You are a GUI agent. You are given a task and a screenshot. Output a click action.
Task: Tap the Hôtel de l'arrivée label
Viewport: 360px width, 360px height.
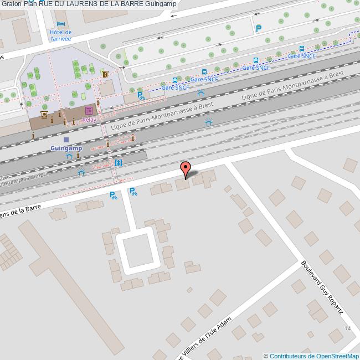tap(61, 35)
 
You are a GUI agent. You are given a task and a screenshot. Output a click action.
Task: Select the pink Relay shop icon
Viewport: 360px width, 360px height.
tap(89, 111)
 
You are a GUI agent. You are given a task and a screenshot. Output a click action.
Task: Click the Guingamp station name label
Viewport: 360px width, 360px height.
tap(66, 148)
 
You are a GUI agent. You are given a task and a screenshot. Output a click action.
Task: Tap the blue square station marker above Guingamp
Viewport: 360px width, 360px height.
tap(66, 140)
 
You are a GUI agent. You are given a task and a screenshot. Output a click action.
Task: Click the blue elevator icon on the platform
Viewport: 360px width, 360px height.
tap(118, 163)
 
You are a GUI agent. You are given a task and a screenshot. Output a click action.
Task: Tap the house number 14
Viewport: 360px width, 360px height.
tap(347, 328)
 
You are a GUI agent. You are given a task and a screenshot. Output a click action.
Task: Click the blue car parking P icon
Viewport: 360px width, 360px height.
tap(258, 28)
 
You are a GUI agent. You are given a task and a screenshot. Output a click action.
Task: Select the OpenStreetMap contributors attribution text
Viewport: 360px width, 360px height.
tap(311, 356)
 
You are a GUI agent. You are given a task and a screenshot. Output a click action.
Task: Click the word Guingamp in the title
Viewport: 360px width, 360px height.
tap(161, 4)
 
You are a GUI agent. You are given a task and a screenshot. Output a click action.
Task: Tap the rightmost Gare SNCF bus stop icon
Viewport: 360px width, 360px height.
tap(302, 48)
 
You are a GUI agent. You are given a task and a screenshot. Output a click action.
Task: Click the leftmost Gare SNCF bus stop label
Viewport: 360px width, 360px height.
tap(175, 88)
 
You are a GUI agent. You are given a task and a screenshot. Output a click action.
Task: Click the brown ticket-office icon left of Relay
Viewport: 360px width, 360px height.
tap(44, 115)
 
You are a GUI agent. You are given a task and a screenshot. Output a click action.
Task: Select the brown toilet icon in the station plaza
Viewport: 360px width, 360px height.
tap(104, 74)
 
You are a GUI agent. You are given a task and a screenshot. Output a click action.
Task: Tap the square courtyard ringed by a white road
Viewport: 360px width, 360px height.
tap(136, 252)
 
